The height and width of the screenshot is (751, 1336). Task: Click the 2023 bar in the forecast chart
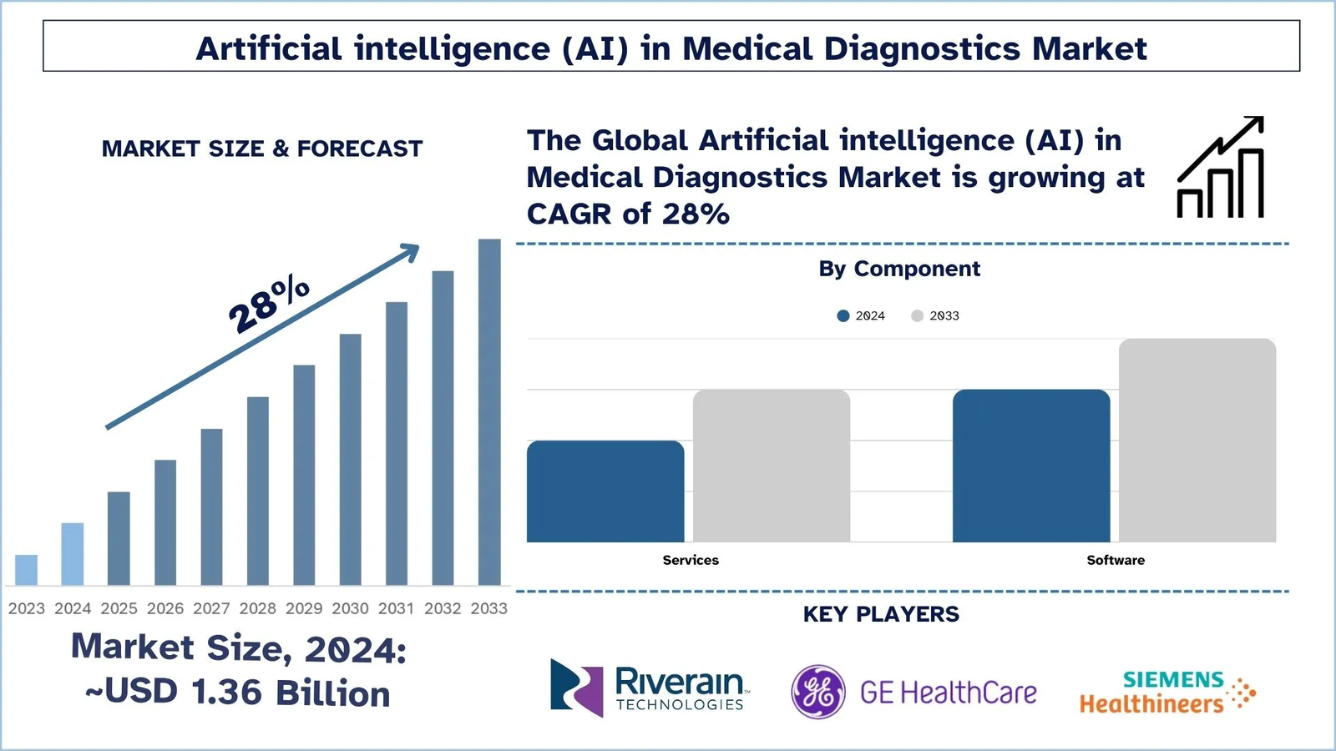(x=27, y=570)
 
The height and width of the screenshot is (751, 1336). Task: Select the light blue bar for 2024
(x=73, y=554)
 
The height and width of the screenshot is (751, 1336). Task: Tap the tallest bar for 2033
(x=489, y=412)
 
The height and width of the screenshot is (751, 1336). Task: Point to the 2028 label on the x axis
(x=257, y=608)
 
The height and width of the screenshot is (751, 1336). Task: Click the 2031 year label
(x=396, y=608)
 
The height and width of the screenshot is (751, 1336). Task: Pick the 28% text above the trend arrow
(x=269, y=304)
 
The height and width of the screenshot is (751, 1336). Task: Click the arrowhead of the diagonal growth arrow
(x=410, y=251)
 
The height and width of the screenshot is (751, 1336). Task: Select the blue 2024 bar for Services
(x=605, y=491)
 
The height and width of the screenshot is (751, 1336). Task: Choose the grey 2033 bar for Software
(x=1197, y=441)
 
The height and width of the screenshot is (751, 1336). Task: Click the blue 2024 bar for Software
(x=1031, y=466)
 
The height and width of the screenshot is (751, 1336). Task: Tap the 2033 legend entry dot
(x=917, y=315)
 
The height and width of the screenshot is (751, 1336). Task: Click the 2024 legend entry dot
(x=843, y=315)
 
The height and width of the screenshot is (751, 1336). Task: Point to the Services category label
(x=691, y=560)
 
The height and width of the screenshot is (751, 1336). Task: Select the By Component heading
(x=899, y=269)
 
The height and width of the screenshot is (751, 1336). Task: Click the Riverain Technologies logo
(x=648, y=688)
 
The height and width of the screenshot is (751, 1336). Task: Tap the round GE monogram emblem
(x=818, y=692)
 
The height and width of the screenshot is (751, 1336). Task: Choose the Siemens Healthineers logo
(x=1167, y=692)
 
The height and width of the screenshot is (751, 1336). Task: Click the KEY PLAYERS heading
(x=881, y=614)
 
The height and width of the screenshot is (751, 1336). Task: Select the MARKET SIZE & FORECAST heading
(x=262, y=149)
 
